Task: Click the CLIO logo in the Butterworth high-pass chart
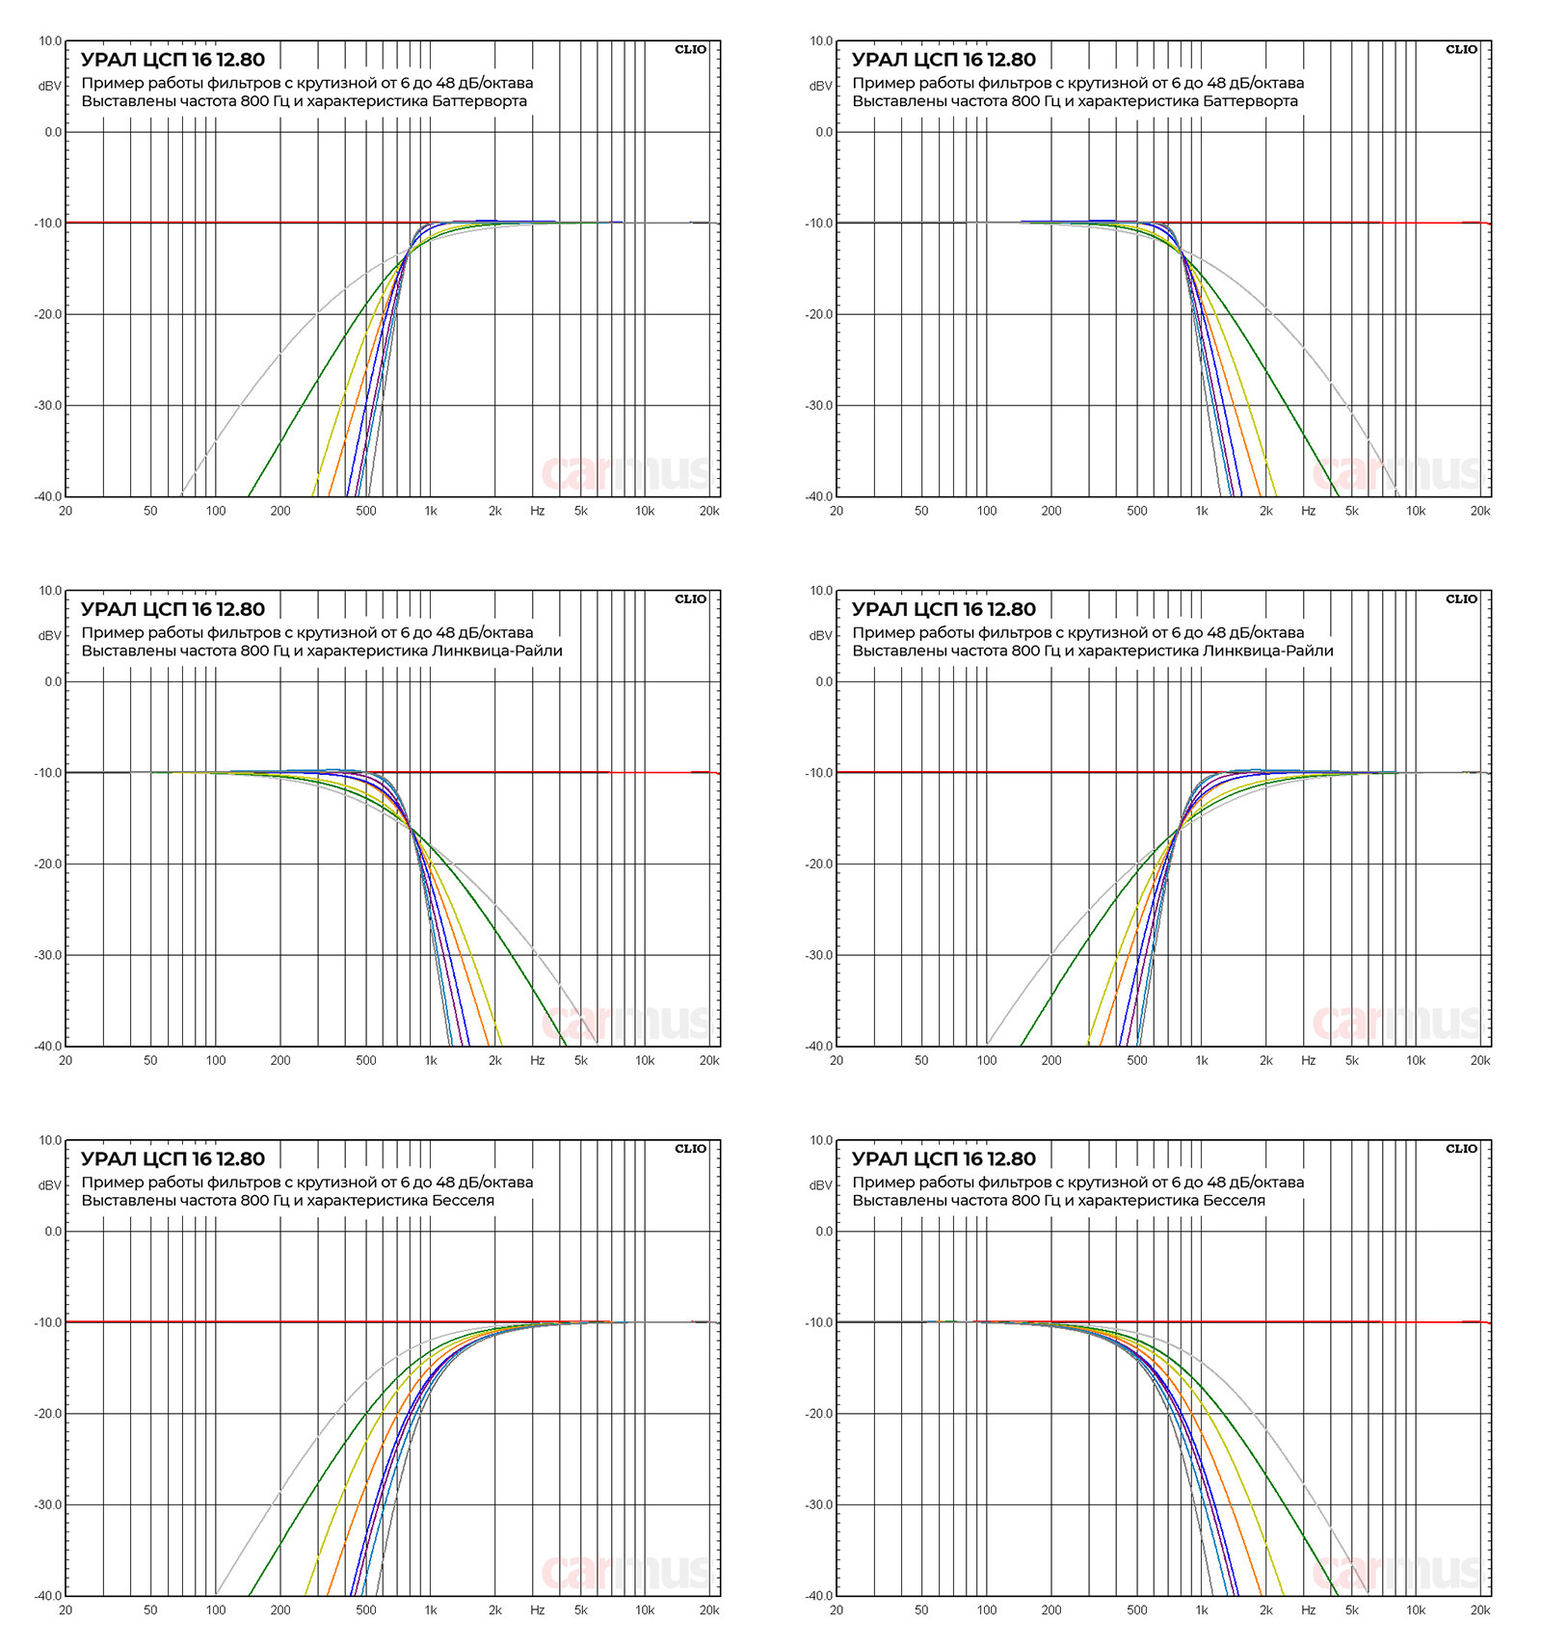(690, 49)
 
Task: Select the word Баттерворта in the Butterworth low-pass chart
(1250, 101)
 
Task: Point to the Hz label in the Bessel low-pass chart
(1308, 1609)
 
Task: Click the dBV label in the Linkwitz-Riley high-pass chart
(820, 635)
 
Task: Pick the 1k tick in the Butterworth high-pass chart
(431, 511)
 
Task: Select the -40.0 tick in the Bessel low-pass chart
(819, 1595)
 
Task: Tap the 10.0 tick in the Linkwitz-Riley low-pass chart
(50, 591)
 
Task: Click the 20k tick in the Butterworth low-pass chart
(1479, 511)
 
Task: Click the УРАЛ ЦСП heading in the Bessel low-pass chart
(944, 1158)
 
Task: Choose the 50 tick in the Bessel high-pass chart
(150, 1609)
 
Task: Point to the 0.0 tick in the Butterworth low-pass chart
(824, 132)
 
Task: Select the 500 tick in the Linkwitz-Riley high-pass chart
(1137, 1060)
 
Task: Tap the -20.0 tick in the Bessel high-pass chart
(48, 1414)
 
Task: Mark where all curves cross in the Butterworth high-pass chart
(408, 251)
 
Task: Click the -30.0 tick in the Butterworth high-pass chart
(48, 406)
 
